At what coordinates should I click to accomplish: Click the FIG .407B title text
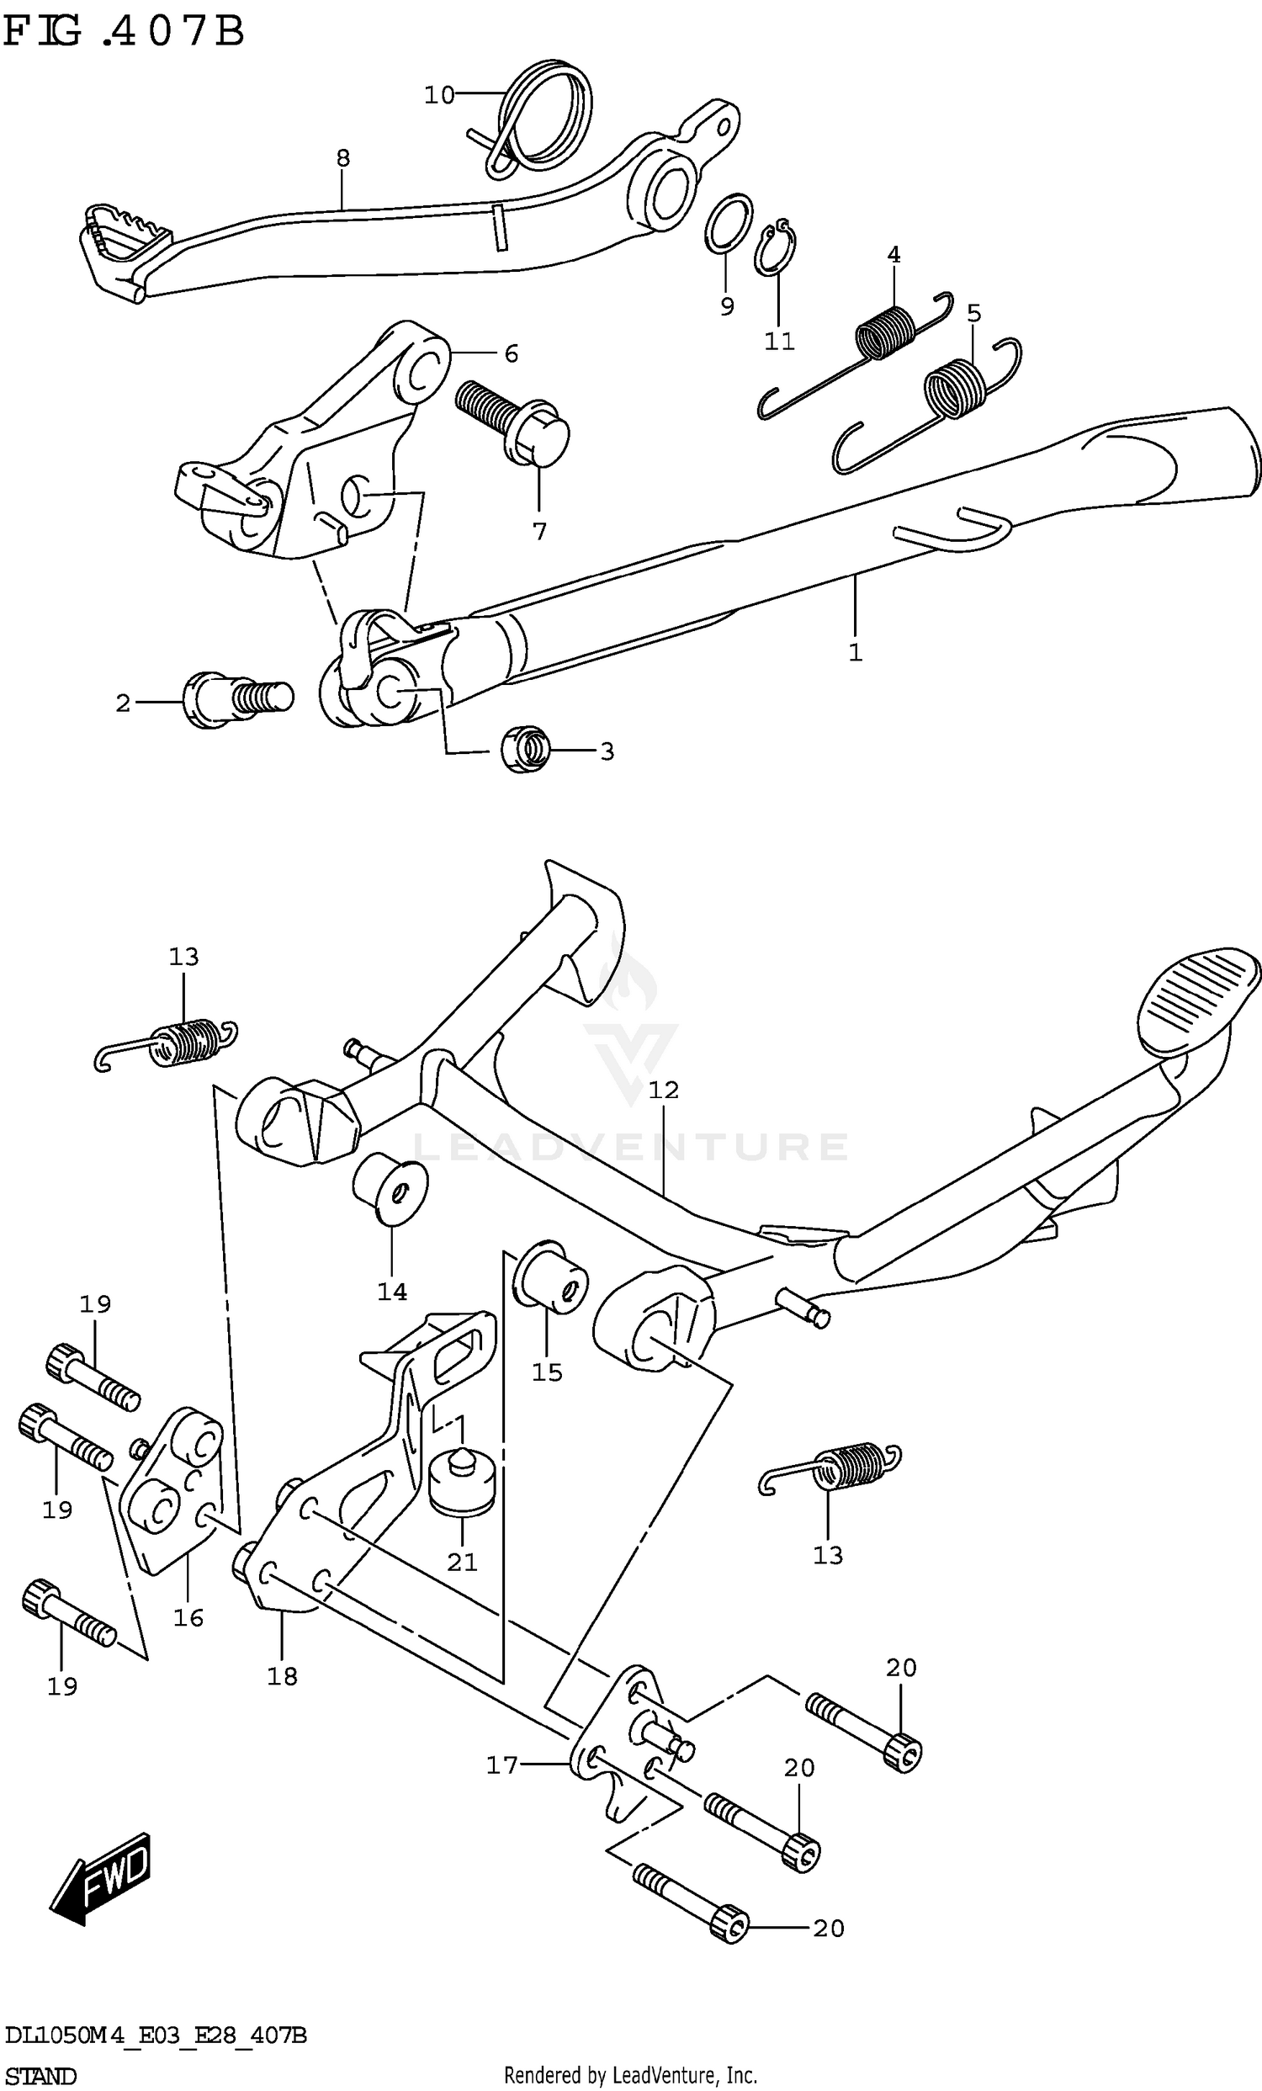pos(124,32)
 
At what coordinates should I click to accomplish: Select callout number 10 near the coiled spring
pos(440,95)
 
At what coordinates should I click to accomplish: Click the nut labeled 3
pos(525,750)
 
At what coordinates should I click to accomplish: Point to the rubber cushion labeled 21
pos(463,1485)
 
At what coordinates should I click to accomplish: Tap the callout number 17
pos(501,1765)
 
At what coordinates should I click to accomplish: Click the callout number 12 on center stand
pos(664,1090)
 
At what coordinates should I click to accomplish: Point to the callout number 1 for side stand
pos(855,653)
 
